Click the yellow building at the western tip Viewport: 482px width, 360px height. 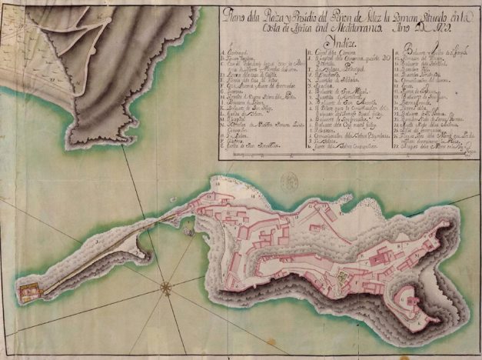pos(28,292)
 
